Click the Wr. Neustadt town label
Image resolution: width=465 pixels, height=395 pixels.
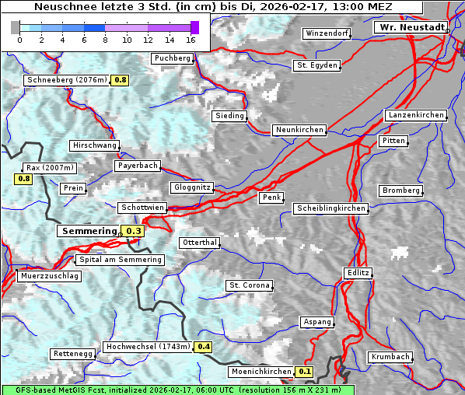[412, 27]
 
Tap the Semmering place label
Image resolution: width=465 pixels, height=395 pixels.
[89, 231]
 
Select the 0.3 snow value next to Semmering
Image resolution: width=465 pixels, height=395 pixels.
[134, 231]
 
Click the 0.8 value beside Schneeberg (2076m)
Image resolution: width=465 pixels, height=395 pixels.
[121, 80]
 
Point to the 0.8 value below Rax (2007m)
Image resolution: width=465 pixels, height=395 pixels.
[24, 179]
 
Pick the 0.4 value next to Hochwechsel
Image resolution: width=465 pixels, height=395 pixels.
[204, 347]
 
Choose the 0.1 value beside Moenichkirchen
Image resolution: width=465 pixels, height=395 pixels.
[305, 372]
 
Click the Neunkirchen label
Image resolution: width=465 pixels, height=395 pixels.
[299, 130]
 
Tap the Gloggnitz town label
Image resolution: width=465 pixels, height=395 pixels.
[191, 187]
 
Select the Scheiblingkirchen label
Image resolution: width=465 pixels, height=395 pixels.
[330, 208]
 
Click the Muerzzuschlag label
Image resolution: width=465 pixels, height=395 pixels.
[49, 276]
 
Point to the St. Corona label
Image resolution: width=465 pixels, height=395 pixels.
[250, 285]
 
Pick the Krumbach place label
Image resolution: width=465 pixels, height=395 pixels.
[390, 357]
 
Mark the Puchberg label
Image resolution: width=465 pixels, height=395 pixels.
[173, 58]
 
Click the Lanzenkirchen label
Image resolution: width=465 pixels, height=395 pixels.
[415, 115]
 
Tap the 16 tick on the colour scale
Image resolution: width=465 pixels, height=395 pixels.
[191, 40]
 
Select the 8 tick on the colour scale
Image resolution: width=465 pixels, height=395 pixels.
[105, 40]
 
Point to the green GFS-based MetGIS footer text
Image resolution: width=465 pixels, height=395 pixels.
[177, 390]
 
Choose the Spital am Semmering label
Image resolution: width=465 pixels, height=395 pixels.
[120, 260]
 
